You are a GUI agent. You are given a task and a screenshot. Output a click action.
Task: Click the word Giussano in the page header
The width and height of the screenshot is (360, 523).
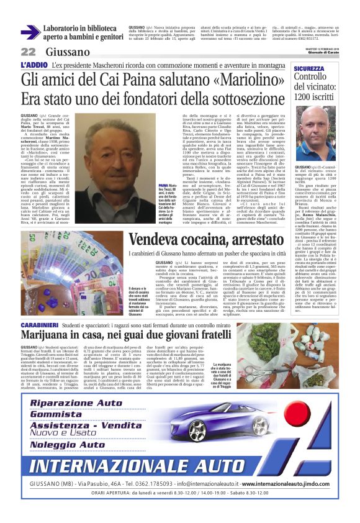tap(67, 52)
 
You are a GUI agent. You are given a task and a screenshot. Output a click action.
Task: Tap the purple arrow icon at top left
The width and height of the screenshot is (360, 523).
tap(30, 32)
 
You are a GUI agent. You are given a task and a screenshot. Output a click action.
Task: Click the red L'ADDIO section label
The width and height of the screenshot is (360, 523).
tap(35, 65)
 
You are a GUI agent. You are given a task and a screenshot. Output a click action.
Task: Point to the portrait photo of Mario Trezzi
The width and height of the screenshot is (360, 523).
tap(120, 148)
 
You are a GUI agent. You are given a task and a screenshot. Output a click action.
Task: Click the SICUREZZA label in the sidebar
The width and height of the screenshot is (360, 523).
tap(309, 69)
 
